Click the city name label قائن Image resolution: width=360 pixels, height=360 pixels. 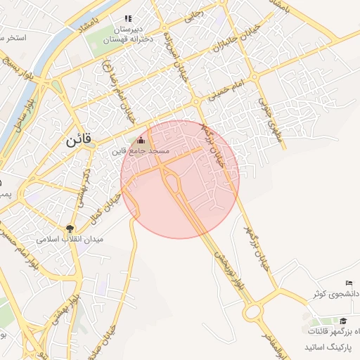point(79,139)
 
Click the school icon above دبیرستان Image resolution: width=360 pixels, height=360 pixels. point(127,19)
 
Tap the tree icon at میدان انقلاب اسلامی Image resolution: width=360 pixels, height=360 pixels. point(70,228)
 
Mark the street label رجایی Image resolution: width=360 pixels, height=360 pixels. point(192,20)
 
